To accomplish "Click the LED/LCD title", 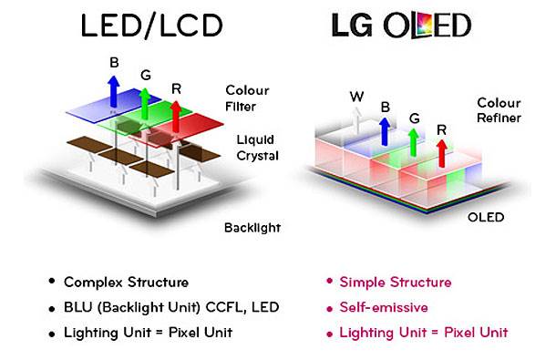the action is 152,26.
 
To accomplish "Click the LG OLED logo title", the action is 401,25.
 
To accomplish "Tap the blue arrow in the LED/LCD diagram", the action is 113,91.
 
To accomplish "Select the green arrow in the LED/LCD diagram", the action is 145,104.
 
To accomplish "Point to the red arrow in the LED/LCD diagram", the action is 176,117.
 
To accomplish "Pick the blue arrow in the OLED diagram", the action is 385,131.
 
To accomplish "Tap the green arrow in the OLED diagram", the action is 413,142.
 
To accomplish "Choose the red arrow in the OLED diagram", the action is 441,153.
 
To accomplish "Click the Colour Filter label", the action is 247,98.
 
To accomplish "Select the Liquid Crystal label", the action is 257,148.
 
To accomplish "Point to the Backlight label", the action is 252,228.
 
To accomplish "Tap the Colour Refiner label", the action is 499,110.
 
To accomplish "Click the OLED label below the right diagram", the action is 486,217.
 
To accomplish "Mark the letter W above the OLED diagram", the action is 356,97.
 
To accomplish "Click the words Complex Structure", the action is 126,283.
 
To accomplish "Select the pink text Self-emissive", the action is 384,307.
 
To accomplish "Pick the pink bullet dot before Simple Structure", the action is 330,282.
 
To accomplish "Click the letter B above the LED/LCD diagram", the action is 114,63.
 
